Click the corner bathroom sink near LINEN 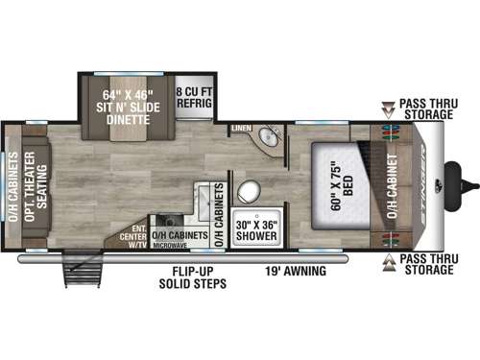(267, 140)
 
